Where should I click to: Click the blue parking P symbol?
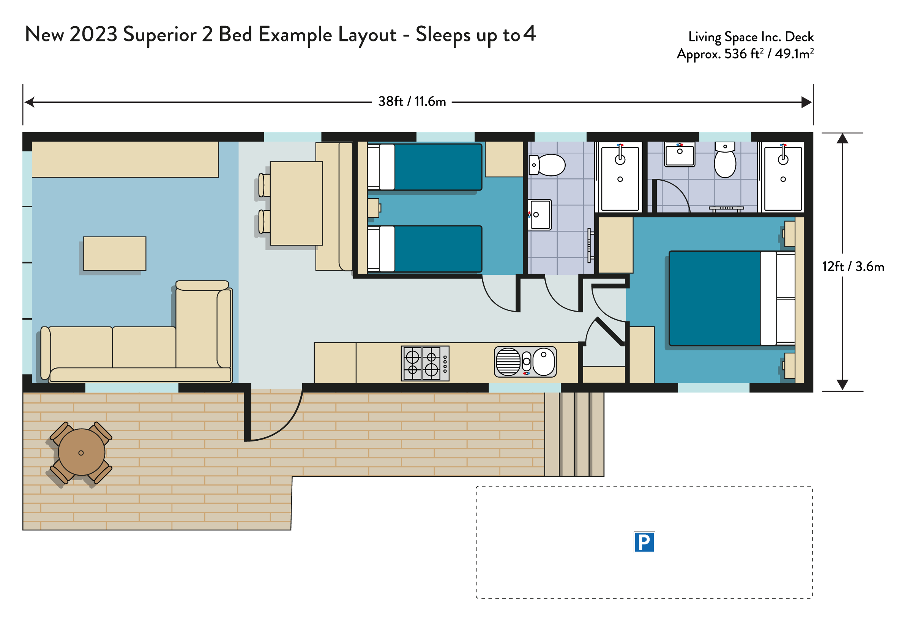tap(644, 542)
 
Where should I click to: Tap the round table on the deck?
tap(82, 452)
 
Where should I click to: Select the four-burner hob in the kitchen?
tap(425, 363)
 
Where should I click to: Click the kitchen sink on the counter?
tap(525, 362)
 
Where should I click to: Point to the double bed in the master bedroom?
tap(732, 298)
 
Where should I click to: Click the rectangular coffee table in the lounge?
tap(115, 254)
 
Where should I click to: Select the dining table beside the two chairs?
tap(296, 203)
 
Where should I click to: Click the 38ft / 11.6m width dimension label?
tap(412, 101)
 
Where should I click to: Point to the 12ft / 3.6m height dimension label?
tap(853, 266)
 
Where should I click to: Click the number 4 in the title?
tap(529, 33)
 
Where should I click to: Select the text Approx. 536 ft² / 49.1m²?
tap(745, 54)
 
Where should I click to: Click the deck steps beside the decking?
tap(574, 434)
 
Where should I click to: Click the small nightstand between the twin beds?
tap(373, 208)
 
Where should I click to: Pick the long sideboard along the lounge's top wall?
tap(125, 159)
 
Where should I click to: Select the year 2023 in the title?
tap(94, 34)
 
